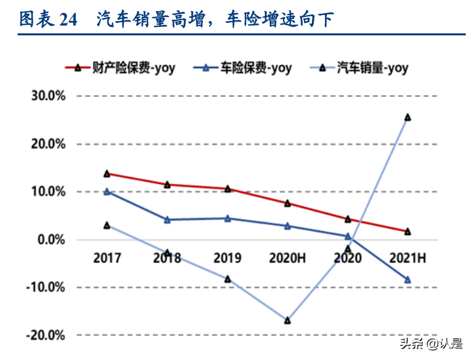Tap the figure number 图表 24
click(48, 20)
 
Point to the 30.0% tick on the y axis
click(48, 96)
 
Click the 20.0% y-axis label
click(48, 144)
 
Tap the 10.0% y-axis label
click(48, 192)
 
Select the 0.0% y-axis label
click(50, 240)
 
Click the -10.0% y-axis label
click(46, 287)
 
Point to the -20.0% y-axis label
click(46, 335)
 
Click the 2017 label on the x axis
click(107, 258)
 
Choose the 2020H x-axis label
click(288, 258)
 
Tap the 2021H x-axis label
click(407, 258)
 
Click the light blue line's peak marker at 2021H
click(407, 117)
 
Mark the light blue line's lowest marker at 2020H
click(288, 320)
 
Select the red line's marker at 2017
click(107, 173)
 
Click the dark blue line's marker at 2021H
click(407, 279)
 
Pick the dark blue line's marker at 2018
click(167, 219)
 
